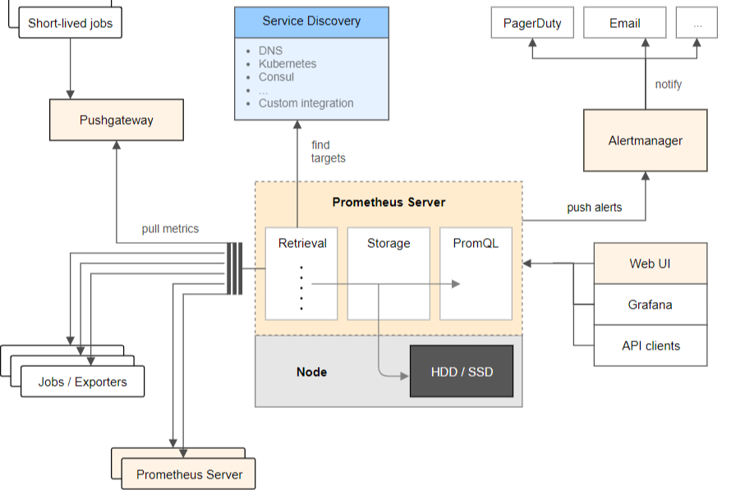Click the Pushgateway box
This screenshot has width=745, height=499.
(x=116, y=120)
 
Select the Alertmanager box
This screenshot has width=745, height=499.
(x=645, y=140)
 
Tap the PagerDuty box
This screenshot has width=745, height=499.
(x=531, y=23)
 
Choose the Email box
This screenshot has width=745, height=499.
(x=624, y=23)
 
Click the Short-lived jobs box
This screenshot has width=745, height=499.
(x=69, y=23)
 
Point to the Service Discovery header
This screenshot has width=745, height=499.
(x=311, y=21)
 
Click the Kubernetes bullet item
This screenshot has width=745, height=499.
(x=287, y=63)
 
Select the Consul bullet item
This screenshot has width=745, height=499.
(x=276, y=77)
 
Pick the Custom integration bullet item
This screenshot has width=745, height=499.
(x=306, y=103)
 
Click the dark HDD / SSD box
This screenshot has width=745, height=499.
(x=462, y=372)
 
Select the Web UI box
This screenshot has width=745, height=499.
(x=651, y=263)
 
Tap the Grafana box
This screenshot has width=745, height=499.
(x=651, y=304)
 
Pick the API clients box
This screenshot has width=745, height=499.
(x=651, y=346)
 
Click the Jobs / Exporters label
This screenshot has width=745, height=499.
(x=82, y=382)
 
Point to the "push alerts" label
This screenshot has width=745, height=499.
(x=594, y=208)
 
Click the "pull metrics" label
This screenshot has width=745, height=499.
(x=170, y=229)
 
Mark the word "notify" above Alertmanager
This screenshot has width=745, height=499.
(x=668, y=85)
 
